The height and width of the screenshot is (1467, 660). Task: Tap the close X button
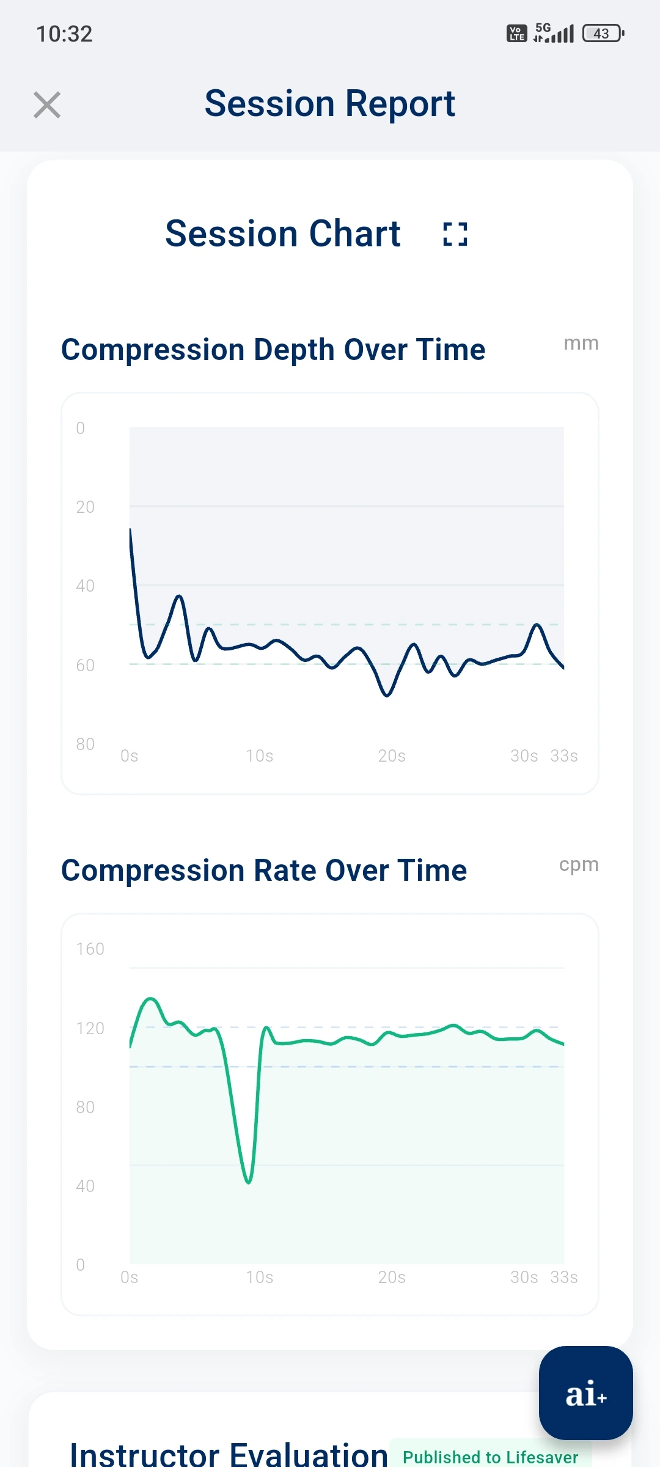click(47, 105)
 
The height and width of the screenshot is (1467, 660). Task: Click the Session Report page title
click(329, 103)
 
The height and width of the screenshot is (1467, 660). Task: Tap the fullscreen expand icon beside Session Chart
click(455, 234)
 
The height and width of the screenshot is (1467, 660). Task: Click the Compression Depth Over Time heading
click(273, 350)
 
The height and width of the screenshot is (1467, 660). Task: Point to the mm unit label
click(581, 344)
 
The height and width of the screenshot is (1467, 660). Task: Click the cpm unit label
click(579, 864)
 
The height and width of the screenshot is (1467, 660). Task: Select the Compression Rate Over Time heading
click(264, 870)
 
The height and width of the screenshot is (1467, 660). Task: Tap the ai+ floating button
click(585, 1393)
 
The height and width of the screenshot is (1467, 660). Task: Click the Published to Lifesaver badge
click(490, 1457)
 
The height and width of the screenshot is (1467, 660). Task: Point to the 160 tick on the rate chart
click(90, 949)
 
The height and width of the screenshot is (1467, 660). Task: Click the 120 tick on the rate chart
click(90, 1028)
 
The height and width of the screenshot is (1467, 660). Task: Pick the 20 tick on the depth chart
click(85, 507)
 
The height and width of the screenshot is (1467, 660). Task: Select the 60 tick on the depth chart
click(85, 665)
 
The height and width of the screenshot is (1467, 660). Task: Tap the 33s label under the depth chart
click(563, 756)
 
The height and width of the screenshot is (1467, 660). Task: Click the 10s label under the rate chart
click(259, 1278)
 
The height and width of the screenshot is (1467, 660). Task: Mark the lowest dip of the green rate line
click(249, 1182)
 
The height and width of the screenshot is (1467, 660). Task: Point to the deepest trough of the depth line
click(386, 695)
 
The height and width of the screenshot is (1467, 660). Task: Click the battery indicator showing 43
click(603, 34)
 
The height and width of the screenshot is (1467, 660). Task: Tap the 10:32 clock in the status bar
click(64, 34)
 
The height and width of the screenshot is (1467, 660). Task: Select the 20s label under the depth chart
click(391, 756)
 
